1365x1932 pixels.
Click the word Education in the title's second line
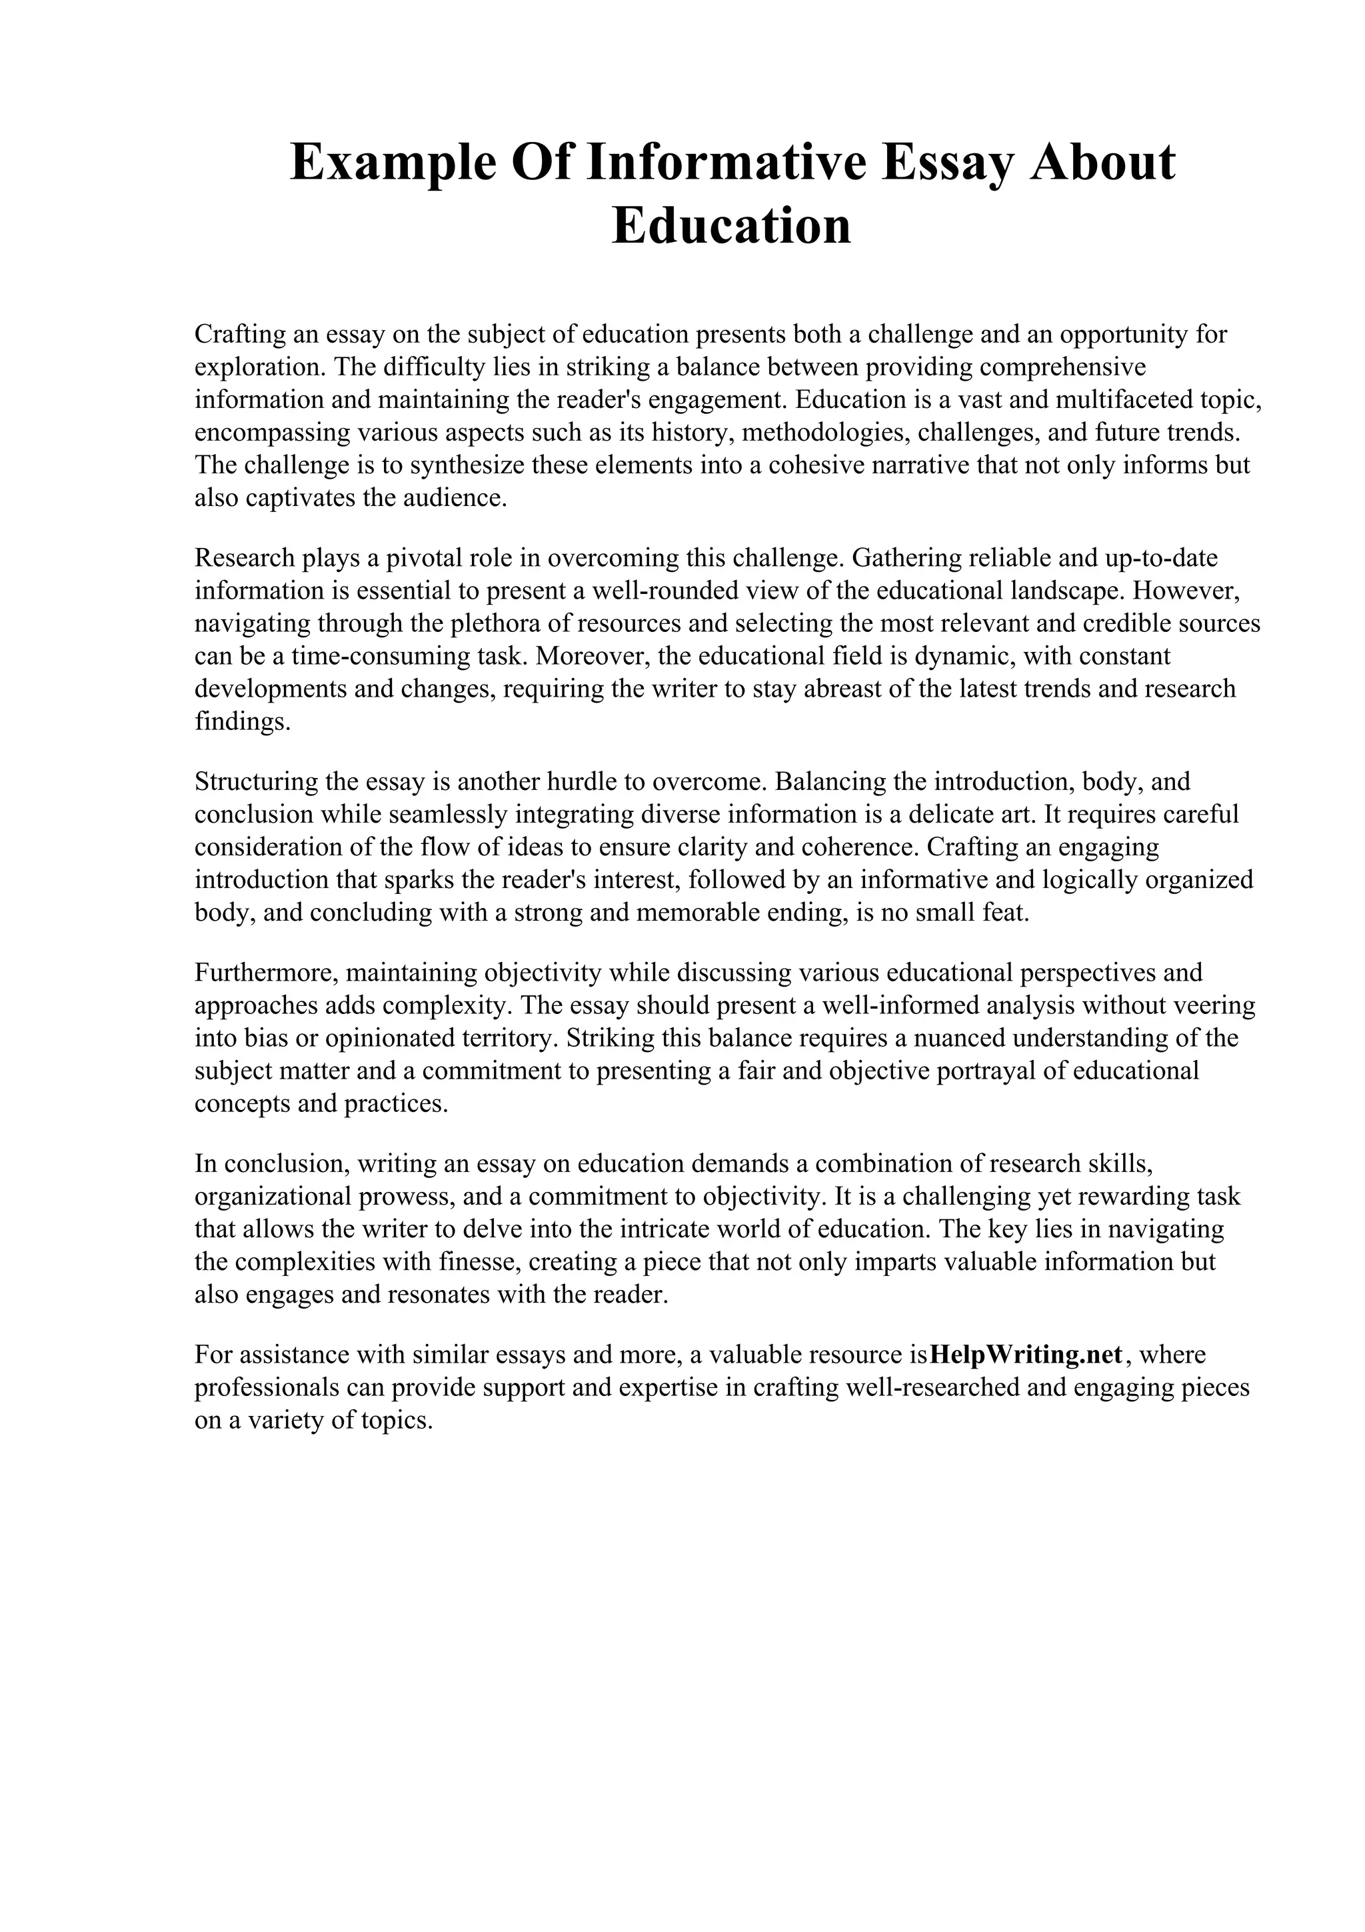click(731, 227)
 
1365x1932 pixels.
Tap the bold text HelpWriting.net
click(1027, 1355)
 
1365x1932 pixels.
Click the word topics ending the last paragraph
click(396, 1421)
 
